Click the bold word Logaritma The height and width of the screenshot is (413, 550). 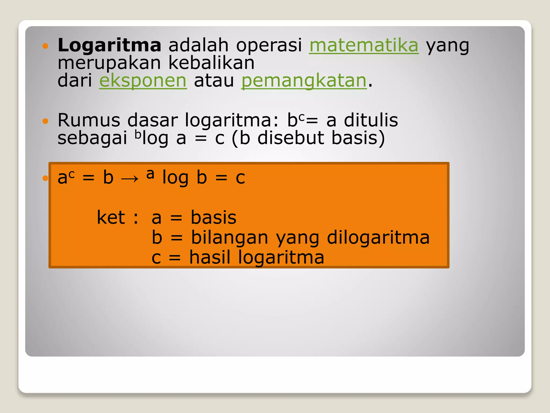109,45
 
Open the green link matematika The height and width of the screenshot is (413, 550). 364,45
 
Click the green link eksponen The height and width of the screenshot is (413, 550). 143,80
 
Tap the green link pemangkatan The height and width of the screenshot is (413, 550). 304,80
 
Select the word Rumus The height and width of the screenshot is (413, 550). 89,120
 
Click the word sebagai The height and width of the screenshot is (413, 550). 92,138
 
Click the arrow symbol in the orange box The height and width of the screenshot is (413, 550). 130,178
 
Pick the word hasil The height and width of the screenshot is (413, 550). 210,257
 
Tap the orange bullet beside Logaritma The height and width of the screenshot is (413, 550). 45,46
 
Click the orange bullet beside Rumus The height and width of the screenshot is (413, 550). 45,121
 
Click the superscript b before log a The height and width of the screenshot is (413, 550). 137,134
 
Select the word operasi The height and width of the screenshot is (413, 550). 269,45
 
